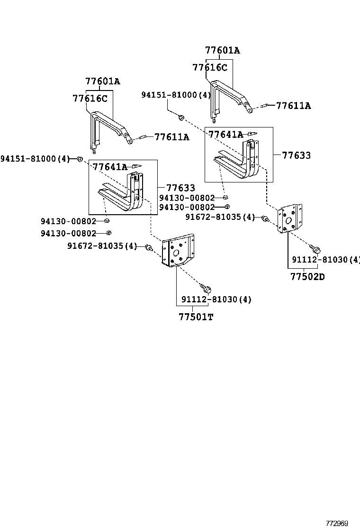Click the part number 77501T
point(196,317)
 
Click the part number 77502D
point(307,277)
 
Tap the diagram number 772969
point(336,523)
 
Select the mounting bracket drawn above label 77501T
point(177,251)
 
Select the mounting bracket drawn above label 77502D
point(290,219)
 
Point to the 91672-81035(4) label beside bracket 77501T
point(102,246)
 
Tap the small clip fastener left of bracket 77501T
point(149,247)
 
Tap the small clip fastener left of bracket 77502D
point(265,218)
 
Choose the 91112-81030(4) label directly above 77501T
point(216,300)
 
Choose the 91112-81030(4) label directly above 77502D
point(326,260)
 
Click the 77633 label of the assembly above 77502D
point(297,155)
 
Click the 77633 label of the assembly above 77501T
point(180,188)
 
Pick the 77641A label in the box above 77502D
point(225,135)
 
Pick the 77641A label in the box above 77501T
point(110,167)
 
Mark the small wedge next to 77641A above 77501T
point(136,165)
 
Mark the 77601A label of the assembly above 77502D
point(223,50)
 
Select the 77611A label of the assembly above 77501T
point(172,137)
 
